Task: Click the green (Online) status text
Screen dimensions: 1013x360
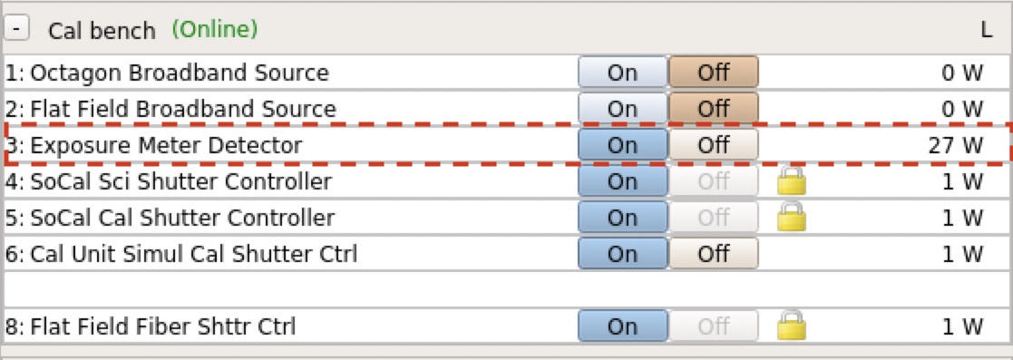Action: (214, 29)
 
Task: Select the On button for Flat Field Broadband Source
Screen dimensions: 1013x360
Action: (622, 110)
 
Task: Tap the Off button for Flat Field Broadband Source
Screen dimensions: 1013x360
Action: (713, 110)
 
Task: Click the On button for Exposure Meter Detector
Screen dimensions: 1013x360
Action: (622, 145)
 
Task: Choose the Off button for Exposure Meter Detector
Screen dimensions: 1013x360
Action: (713, 145)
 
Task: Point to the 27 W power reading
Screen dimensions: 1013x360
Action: (956, 145)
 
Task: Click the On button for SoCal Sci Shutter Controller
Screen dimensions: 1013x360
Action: (622, 181)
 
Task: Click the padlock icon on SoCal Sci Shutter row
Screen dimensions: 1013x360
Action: (792, 180)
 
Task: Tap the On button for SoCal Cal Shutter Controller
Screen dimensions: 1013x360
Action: (622, 218)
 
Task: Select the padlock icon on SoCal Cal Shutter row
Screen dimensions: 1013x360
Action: (792, 217)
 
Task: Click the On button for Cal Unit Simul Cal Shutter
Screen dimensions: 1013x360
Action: (622, 254)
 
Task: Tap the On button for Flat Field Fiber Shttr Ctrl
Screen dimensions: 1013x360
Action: (622, 326)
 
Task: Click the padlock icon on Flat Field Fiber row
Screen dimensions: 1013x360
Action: (792, 326)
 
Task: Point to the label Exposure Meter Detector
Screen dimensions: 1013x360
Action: (154, 145)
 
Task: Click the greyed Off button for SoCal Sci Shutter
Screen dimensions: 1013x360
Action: (713, 181)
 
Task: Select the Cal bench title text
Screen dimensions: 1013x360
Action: (102, 30)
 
